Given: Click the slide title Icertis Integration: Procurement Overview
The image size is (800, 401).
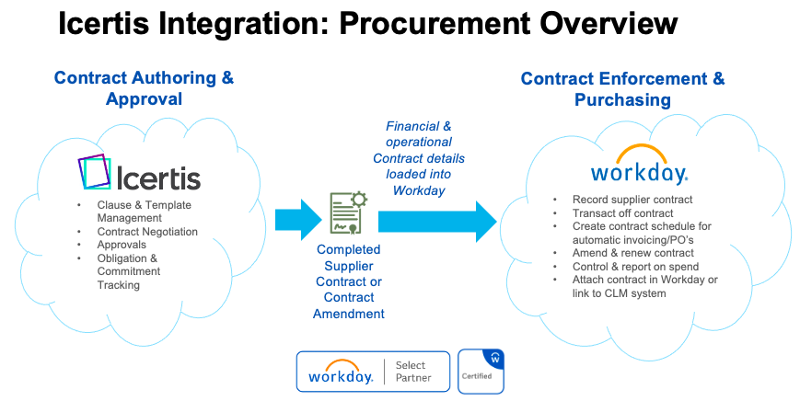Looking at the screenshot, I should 367,25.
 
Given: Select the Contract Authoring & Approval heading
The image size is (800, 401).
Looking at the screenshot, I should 144,88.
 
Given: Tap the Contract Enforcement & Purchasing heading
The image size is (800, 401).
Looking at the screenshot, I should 622,88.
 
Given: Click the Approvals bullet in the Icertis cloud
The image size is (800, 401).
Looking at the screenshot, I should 122,246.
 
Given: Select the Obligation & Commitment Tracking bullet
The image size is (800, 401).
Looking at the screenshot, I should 128,271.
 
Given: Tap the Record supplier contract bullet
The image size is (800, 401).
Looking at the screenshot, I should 632,200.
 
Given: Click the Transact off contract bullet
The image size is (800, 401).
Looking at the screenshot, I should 622,213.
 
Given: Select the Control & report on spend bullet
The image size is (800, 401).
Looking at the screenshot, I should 636,267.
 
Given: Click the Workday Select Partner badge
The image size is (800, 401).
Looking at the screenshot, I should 373,372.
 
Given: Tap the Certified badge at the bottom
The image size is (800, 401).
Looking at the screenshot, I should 481,371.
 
